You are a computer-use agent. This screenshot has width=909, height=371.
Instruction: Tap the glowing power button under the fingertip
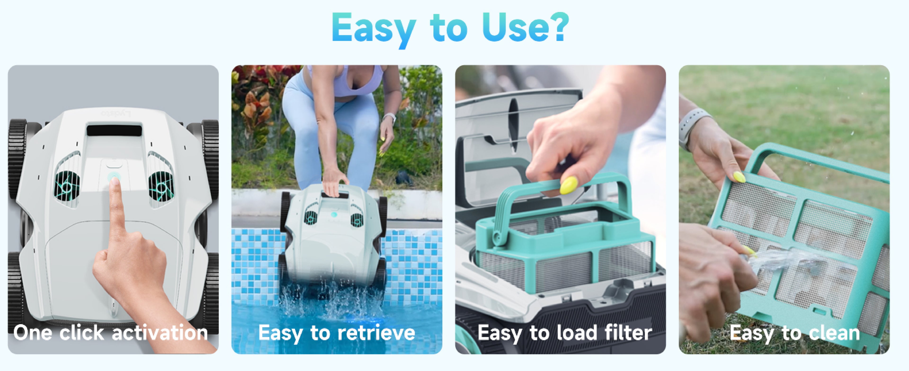pyautogui.click(x=113, y=176)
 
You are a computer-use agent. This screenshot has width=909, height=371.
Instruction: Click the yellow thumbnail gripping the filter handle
pyautogui.click(x=568, y=185)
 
